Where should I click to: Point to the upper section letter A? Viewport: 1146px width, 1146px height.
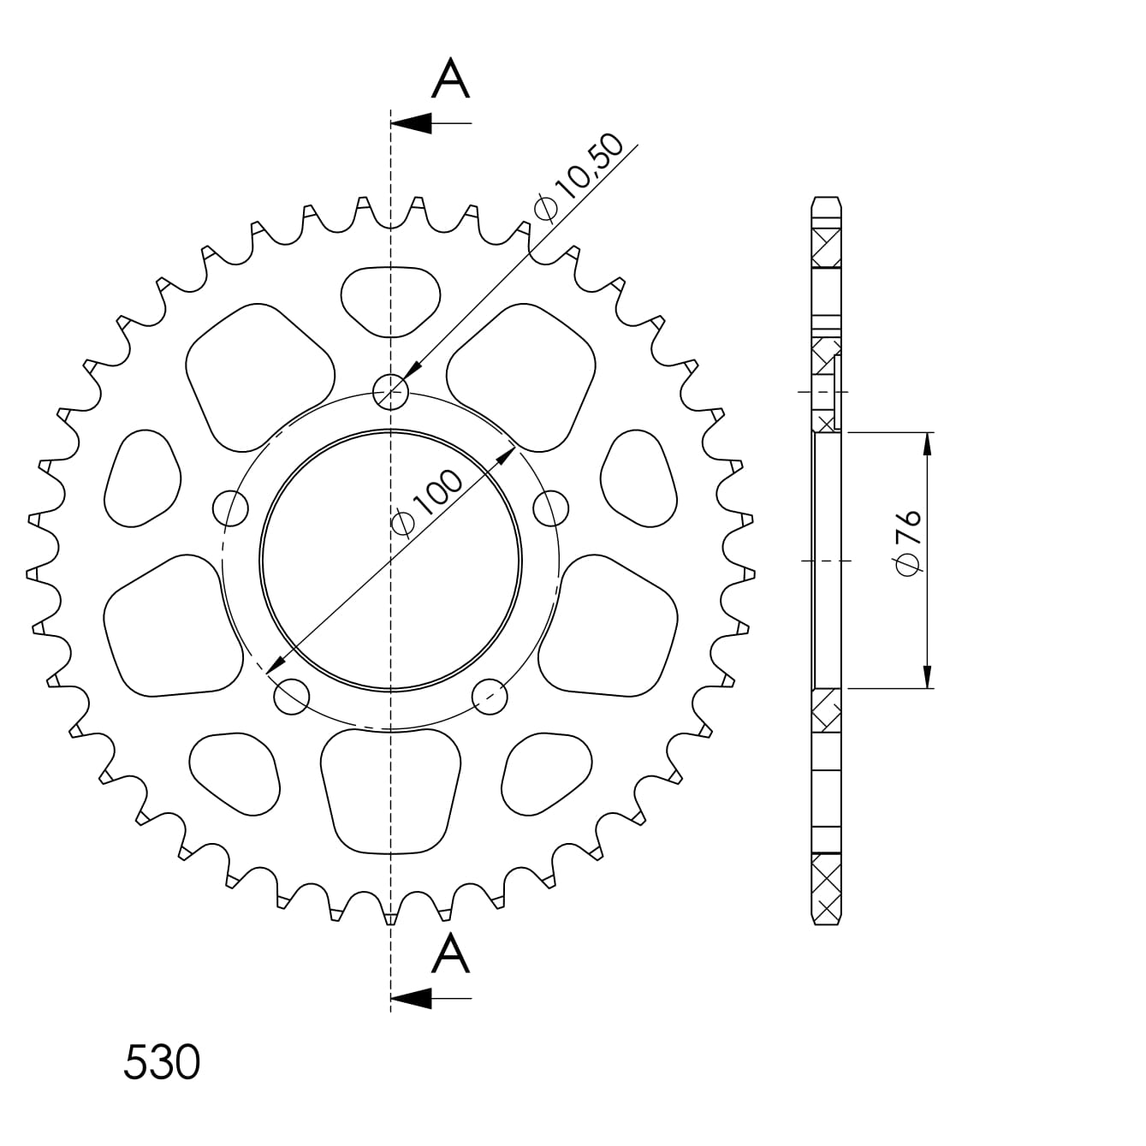451,78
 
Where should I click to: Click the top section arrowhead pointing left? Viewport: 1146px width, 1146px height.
411,123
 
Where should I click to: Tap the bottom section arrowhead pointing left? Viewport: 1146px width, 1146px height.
411,999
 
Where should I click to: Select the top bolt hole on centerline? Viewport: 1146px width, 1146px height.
391,392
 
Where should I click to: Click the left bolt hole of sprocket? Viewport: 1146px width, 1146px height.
231,508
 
